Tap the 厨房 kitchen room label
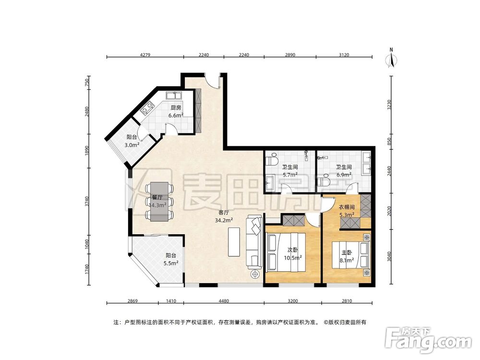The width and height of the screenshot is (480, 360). (175, 108)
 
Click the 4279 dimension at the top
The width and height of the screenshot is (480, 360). (145, 55)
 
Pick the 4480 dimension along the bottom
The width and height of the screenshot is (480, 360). (223, 301)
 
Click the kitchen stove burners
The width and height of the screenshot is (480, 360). (146, 108)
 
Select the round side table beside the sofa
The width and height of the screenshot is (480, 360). (255, 275)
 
